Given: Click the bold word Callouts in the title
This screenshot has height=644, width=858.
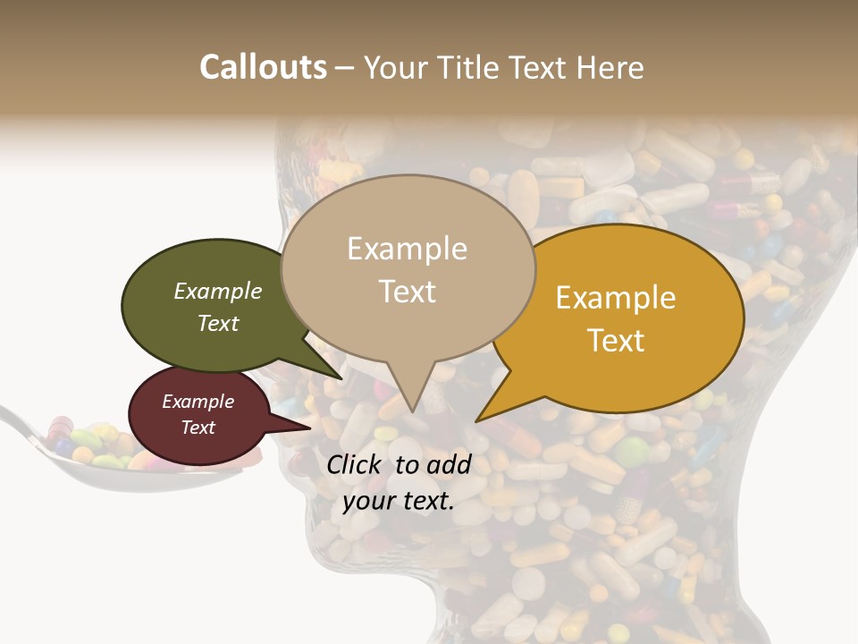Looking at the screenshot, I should tap(263, 67).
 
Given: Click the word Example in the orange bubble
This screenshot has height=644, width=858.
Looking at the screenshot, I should tap(616, 298).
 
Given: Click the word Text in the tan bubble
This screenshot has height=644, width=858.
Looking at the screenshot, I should tap(408, 292).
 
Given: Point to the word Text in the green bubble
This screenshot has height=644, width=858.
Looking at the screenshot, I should tap(218, 323).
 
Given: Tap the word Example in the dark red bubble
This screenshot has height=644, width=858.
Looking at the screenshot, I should tap(198, 402).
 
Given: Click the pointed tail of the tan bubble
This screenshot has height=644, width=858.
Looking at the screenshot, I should tap(411, 407).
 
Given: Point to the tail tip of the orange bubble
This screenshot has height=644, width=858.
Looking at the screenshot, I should tap(480, 419).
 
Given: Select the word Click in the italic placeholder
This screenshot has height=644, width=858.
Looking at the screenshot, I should tap(356, 464).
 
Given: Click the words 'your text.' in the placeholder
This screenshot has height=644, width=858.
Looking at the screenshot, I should tap(398, 502).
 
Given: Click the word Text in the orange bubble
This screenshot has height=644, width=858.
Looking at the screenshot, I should tap(616, 341).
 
